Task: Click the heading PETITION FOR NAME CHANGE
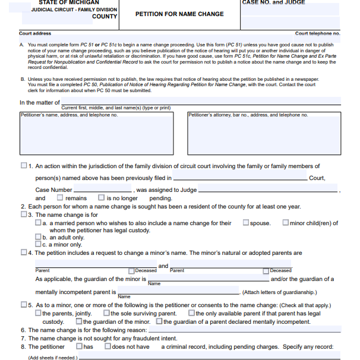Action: (x=179, y=14)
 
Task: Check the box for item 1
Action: (x=24, y=166)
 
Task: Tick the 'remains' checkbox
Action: (x=60, y=198)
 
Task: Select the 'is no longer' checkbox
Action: (x=102, y=198)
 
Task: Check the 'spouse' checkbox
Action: (x=246, y=223)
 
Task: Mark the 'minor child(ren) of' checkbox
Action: (x=286, y=223)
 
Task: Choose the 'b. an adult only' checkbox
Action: (x=39, y=237)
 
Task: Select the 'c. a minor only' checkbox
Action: (x=39, y=244)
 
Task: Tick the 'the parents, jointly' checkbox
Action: (x=39, y=313)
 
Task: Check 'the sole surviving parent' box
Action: (x=107, y=313)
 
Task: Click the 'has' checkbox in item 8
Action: (x=79, y=346)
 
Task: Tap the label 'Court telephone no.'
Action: (x=317, y=34)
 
